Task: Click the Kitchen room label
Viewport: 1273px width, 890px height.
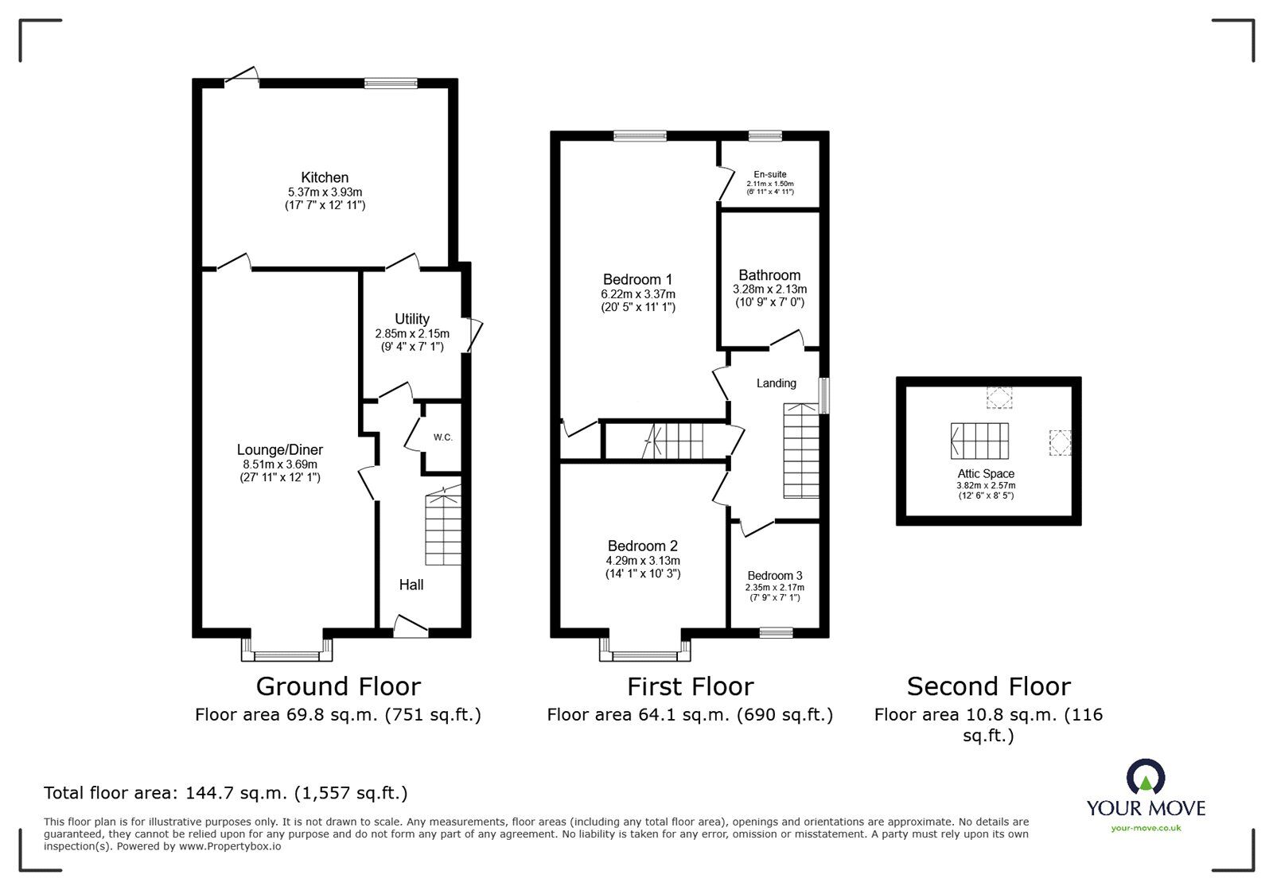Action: tap(325, 177)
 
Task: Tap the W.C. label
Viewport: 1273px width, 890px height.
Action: tap(443, 437)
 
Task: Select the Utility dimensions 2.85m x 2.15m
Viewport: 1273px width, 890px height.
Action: tap(412, 334)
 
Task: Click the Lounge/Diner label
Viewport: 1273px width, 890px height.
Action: tap(280, 450)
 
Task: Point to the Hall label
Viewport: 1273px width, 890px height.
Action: tap(411, 585)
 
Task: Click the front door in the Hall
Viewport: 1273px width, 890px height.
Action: tap(411, 628)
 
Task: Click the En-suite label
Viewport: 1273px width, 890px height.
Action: tap(770, 174)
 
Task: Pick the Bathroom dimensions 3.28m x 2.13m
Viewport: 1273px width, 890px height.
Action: tap(769, 290)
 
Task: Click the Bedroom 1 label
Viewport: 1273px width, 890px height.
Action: tap(637, 279)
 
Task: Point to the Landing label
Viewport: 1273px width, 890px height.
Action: tap(776, 383)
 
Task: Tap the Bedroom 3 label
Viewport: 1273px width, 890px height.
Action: tap(774, 576)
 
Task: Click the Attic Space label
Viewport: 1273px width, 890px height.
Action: tap(986, 473)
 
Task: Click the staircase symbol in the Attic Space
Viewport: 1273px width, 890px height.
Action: tap(979, 441)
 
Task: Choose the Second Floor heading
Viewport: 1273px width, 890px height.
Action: tap(988, 686)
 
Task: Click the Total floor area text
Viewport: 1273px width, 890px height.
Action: tap(225, 793)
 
